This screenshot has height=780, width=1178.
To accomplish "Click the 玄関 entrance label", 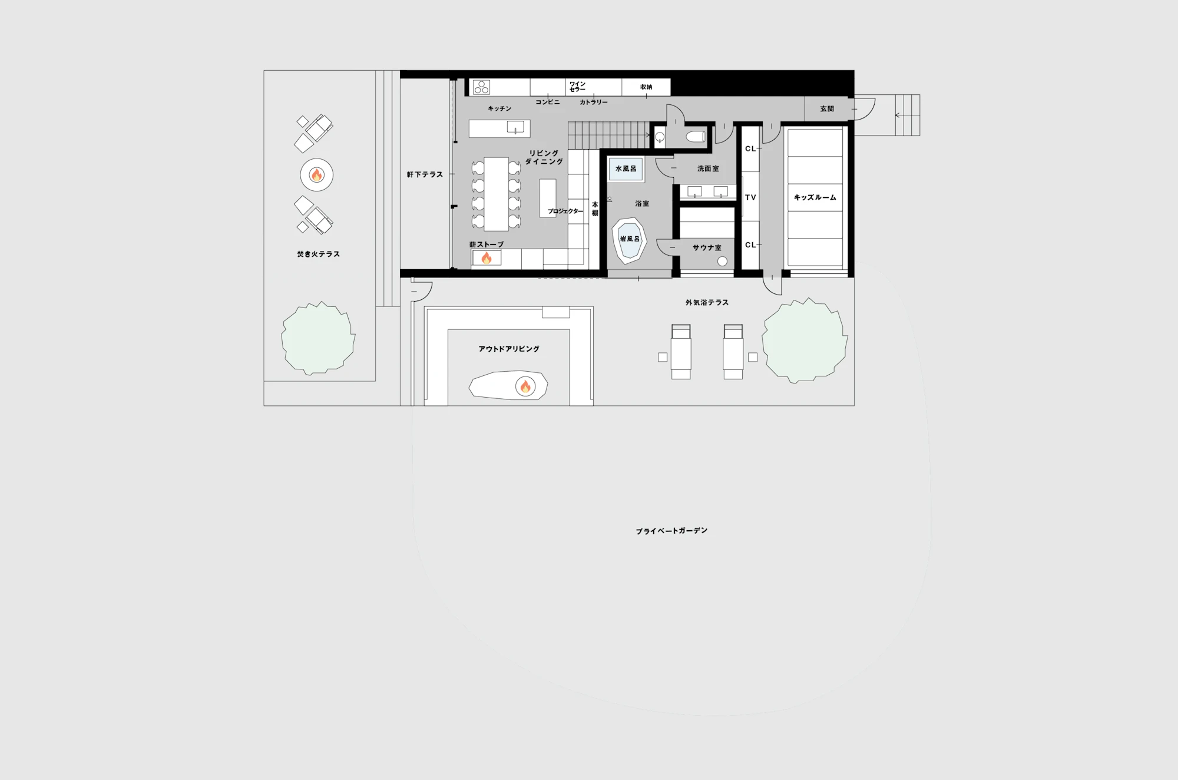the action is pyautogui.click(x=827, y=109).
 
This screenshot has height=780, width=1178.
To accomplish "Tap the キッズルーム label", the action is pyautogui.click(x=815, y=197).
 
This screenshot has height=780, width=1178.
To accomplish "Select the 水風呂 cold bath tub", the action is pyautogui.click(x=626, y=169).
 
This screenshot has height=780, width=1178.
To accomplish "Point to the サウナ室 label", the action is pyautogui.click(x=707, y=248).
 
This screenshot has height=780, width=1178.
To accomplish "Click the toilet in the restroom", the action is pyautogui.click(x=696, y=137).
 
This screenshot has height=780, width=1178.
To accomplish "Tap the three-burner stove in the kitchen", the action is pyautogui.click(x=481, y=87).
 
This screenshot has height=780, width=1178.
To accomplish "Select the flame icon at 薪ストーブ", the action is pyautogui.click(x=487, y=257).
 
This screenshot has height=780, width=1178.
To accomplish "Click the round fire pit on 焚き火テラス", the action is pyautogui.click(x=317, y=175).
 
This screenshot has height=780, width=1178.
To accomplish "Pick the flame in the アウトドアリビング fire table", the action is pyautogui.click(x=525, y=386).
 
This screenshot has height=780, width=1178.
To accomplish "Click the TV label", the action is pyautogui.click(x=750, y=197).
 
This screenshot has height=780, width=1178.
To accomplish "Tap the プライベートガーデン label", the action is pyautogui.click(x=671, y=531).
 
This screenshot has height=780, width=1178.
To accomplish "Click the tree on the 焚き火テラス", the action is pyautogui.click(x=318, y=338).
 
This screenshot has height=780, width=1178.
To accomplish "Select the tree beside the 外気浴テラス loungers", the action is pyautogui.click(x=805, y=341).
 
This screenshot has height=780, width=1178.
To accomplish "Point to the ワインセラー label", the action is pyautogui.click(x=577, y=87).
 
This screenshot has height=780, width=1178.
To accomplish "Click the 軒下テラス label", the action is pyautogui.click(x=425, y=174).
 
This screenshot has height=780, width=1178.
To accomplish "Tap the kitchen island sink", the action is pyautogui.click(x=515, y=127).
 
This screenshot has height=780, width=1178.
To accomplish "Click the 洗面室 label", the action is pyautogui.click(x=708, y=168).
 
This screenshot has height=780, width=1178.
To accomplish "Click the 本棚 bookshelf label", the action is pyautogui.click(x=595, y=209).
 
